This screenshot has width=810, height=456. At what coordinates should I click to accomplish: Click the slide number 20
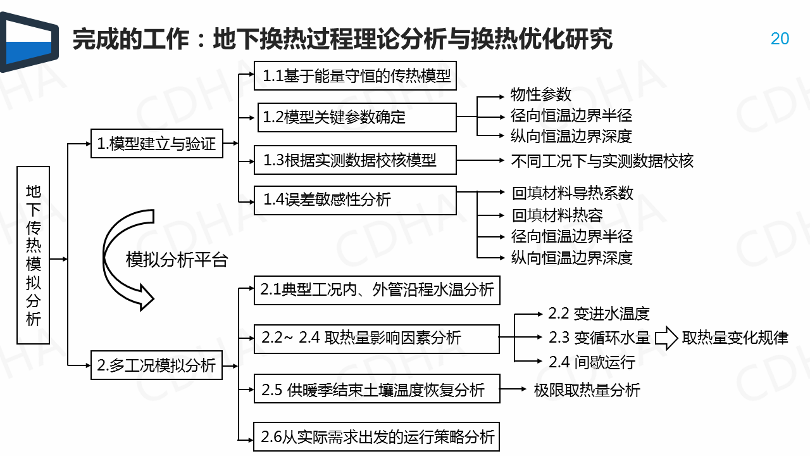click(x=780, y=39)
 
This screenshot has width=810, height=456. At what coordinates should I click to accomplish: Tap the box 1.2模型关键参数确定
click(x=356, y=117)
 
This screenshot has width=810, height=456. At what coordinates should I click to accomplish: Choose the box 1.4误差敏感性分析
click(x=354, y=200)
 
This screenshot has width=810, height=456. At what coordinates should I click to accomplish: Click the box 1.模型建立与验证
click(x=156, y=144)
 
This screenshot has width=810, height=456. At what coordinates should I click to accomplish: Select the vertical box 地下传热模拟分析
click(x=33, y=255)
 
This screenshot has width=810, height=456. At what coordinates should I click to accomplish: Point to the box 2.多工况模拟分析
click(x=156, y=365)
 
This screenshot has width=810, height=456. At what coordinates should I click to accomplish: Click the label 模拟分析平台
click(x=177, y=260)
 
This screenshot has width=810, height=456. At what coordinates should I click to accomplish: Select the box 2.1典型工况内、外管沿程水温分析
click(x=377, y=290)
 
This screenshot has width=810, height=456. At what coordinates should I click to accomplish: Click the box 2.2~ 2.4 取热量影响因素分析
click(x=377, y=338)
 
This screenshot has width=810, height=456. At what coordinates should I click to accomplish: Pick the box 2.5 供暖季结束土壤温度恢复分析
click(x=377, y=389)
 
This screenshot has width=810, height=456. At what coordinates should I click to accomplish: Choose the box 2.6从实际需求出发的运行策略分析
click(x=377, y=436)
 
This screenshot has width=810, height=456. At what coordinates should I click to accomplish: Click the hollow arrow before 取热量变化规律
click(x=666, y=338)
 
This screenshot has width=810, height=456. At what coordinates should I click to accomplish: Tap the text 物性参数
click(x=540, y=94)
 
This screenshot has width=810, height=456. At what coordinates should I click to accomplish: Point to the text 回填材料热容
click(x=557, y=215)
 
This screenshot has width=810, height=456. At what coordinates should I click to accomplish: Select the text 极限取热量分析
click(x=587, y=389)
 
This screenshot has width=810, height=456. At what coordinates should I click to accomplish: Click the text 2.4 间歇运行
click(x=591, y=362)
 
